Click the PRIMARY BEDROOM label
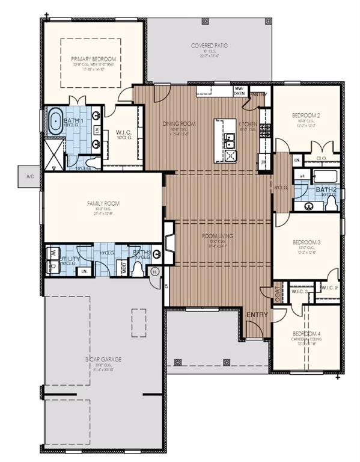(93, 59)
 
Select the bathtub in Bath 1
(56, 122)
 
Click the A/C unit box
(30, 176)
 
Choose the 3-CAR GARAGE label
(103, 359)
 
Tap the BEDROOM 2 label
(306, 115)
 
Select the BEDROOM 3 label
(306, 242)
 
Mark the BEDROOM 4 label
(307, 333)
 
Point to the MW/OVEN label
(222, 91)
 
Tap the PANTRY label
(258, 94)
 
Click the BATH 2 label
(326, 189)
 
